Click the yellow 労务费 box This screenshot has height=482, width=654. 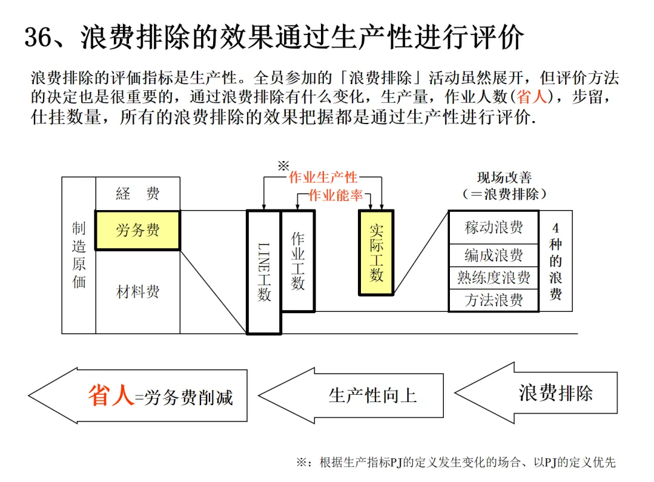[x=137, y=230]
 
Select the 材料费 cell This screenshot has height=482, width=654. [x=137, y=292]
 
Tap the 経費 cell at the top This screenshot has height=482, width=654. [x=137, y=194]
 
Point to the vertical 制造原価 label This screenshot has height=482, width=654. [x=79, y=255]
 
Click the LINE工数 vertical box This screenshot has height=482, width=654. [x=264, y=272]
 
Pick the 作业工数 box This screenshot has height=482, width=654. [x=297, y=260]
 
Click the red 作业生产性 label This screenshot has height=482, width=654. [x=323, y=177]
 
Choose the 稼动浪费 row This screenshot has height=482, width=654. [x=494, y=228]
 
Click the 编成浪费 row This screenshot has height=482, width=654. [x=494, y=255]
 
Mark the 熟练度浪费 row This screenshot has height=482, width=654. [x=494, y=277]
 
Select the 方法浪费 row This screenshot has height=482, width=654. [x=494, y=300]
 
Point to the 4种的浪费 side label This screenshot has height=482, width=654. [x=556, y=261]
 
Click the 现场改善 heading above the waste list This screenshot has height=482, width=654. [x=504, y=178]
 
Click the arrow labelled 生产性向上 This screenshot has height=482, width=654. [x=363, y=395]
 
